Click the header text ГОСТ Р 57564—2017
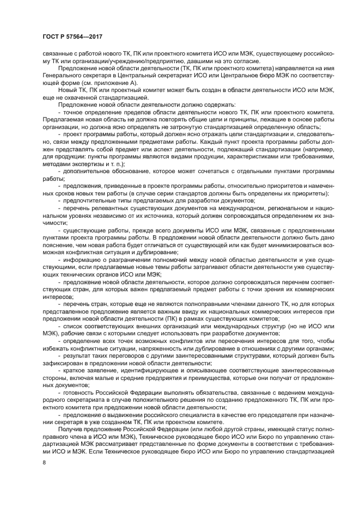click(72, 36)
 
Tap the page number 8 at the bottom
click(44, 462)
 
